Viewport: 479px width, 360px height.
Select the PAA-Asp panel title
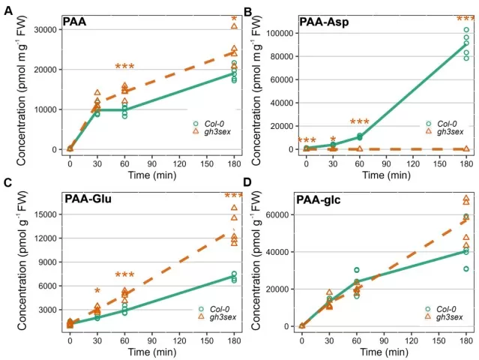325,22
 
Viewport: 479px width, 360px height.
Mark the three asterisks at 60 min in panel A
124,68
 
